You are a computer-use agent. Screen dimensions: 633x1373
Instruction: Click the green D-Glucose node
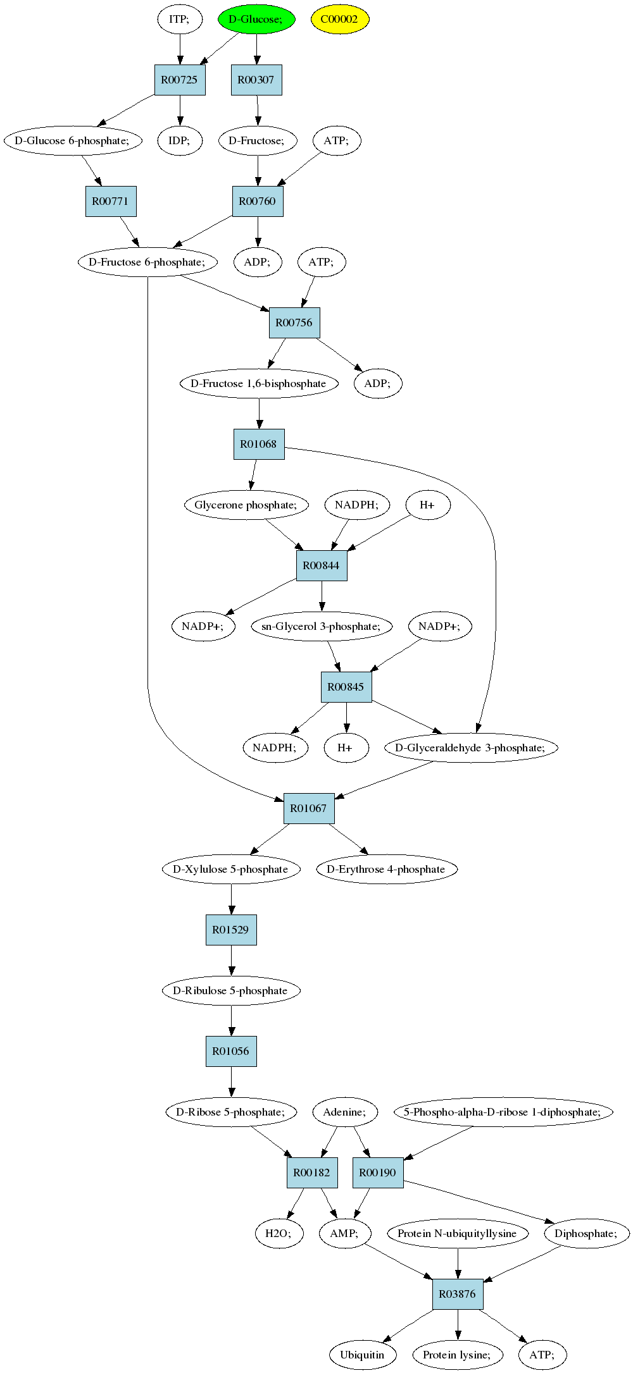tap(256, 19)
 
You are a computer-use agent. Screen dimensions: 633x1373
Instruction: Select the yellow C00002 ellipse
tap(340, 19)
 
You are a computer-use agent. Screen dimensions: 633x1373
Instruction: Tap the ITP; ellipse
tap(180, 19)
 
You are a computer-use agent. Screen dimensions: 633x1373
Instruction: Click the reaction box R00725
tap(180, 80)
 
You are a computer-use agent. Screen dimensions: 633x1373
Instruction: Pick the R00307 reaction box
tap(256, 80)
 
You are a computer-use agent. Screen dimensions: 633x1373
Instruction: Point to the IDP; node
tap(180, 140)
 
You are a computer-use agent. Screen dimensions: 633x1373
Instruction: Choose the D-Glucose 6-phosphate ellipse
tap(72, 140)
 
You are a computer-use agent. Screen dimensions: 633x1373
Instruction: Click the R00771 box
tap(111, 201)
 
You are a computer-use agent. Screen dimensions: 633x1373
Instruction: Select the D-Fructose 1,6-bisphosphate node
tap(259, 383)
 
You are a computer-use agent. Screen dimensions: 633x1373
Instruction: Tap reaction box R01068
tap(259, 444)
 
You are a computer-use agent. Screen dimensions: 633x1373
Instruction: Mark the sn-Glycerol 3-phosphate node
tap(322, 626)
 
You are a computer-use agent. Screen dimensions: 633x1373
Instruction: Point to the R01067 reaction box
tap(309, 808)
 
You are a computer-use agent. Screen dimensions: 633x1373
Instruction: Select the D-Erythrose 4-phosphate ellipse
tap(386, 869)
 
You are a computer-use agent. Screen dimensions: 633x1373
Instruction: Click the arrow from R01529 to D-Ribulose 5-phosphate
tap(231, 960)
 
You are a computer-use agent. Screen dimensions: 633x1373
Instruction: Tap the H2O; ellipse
tap(279, 1233)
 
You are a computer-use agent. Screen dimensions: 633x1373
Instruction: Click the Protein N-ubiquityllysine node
tap(458, 1233)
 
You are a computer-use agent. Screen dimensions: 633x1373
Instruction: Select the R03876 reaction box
tap(458, 1294)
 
